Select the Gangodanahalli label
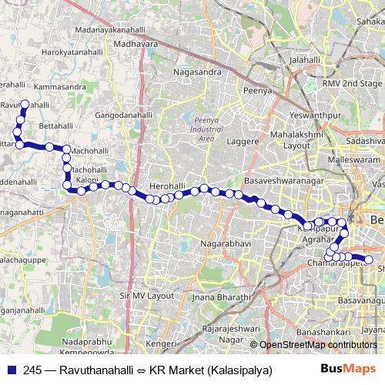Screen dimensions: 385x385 pos(145,115)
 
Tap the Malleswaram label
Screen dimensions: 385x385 pos(333,159)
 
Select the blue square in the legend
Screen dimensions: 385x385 pos(9,370)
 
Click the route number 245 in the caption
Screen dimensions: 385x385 pos(32,370)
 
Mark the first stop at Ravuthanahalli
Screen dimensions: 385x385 pos(25,103)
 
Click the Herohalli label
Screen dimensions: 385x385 pos(169,187)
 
